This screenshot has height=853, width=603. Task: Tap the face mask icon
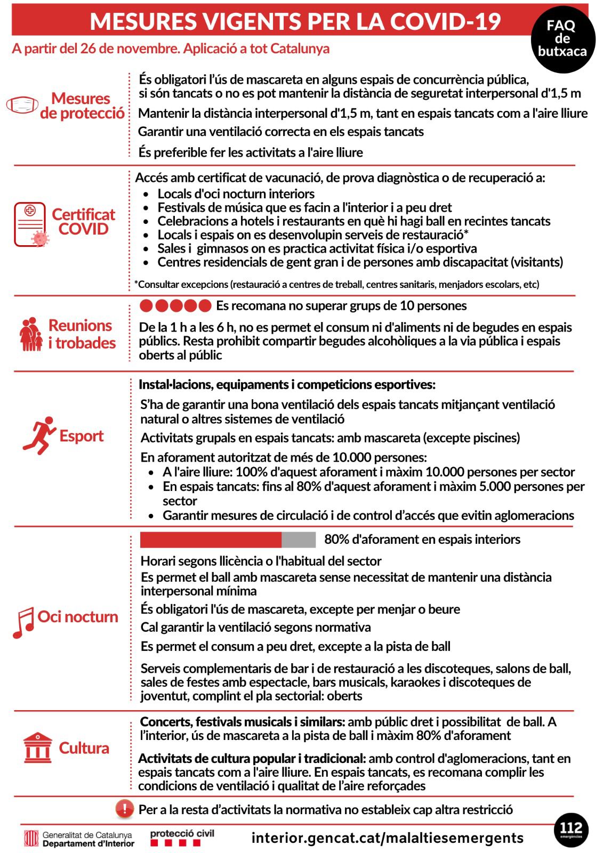point(22,104)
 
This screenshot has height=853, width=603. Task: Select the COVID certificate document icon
point(30,224)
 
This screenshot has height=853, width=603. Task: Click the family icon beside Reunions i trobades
point(31,334)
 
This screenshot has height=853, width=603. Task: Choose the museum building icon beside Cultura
point(38,747)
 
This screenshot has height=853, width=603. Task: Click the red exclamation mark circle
point(125,809)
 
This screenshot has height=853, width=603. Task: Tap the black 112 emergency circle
point(570,830)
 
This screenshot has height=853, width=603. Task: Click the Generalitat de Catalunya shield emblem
point(31,839)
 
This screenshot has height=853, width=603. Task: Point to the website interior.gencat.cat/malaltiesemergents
point(387,838)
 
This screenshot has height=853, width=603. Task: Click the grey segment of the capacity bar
point(299,540)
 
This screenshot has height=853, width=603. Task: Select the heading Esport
point(81,436)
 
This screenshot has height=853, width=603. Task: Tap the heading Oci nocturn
point(78,616)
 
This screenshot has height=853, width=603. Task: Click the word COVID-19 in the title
point(445,21)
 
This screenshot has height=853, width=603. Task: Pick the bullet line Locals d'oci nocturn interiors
point(236,194)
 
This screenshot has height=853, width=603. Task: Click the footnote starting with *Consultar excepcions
point(336,284)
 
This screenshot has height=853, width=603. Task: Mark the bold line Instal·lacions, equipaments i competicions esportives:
point(287,384)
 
